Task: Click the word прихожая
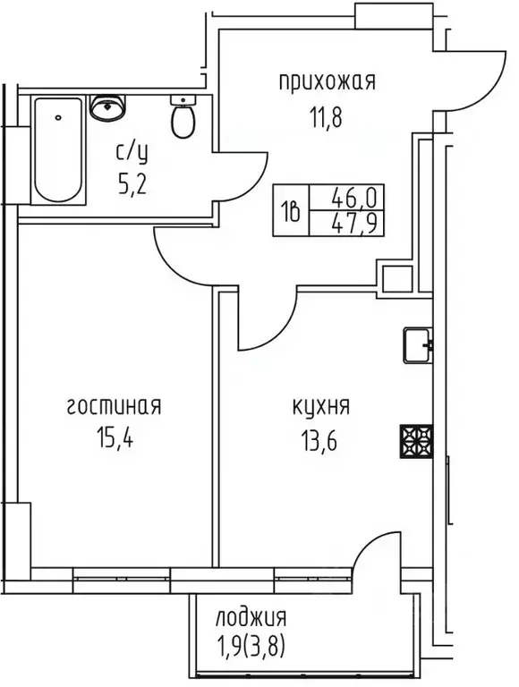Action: [x=325, y=83]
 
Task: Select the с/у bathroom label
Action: [x=133, y=152]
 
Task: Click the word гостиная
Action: [x=113, y=408]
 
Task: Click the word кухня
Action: [x=320, y=408]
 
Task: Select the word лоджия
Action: [x=251, y=617]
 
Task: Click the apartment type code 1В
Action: [x=293, y=208]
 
